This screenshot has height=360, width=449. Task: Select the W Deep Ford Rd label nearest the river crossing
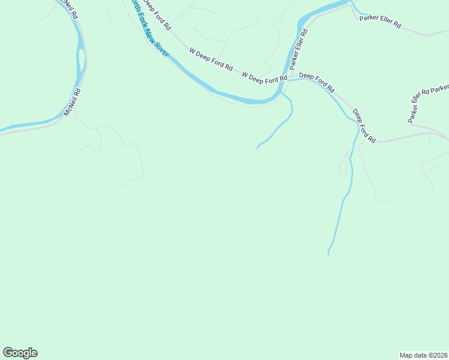(x=265, y=77)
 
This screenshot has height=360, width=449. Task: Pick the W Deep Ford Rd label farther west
(x=211, y=60)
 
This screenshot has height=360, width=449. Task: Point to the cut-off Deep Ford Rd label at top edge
(x=157, y=16)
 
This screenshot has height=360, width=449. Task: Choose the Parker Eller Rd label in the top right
(x=380, y=23)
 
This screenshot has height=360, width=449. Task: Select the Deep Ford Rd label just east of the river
(x=316, y=81)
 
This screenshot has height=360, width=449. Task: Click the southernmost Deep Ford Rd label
(x=364, y=125)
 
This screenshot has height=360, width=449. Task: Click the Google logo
(x=20, y=353)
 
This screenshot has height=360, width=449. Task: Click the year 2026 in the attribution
(x=439, y=355)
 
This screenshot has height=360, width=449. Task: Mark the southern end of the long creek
(x=328, y=254)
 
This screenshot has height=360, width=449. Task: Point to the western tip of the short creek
(x=258, y=148)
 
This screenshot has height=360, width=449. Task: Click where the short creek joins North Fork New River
(x=281, y=93)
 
